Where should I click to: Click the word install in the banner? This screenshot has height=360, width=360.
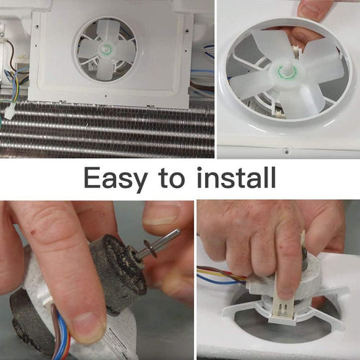pyautogui.click(x=237, y=177)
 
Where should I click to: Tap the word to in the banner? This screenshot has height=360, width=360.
pyautogui.click(x=171, y=179)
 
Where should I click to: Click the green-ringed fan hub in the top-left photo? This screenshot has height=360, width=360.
pyautogui.click(x=107, y=49)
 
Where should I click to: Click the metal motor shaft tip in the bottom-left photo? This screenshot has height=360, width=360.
pyautogui.click(x=178, y=231)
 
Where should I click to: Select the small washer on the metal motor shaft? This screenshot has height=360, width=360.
pyautogui.click(x=151, y=249)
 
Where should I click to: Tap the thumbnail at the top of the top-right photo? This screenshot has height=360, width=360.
pyautogui.click(x=310, y=10)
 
